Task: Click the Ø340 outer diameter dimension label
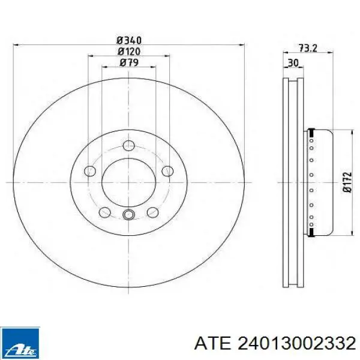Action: click(129, 40)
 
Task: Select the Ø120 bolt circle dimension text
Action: click(129, 52)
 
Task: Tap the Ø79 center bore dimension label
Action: click(129, 62)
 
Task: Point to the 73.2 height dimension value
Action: click(308, 48)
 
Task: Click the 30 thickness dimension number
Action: click(293, 63)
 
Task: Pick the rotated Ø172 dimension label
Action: click(347, 182)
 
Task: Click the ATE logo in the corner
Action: click(20, 343)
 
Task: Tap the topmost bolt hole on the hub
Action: click(128, 145)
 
